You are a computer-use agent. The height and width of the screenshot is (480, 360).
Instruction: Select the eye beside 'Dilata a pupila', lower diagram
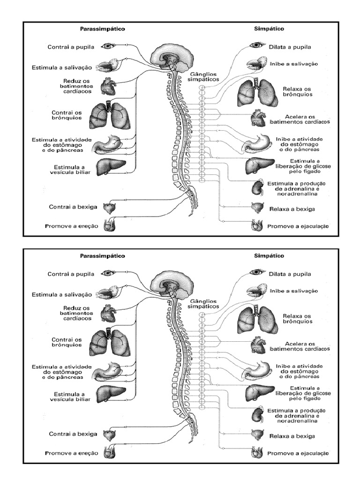(257, 272)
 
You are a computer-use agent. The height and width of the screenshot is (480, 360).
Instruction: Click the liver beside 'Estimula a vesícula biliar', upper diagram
(112, 167)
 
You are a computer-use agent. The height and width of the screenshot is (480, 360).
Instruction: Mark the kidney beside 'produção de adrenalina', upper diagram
(257, 187)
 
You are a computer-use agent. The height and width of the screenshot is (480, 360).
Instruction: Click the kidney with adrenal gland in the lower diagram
(257, 414)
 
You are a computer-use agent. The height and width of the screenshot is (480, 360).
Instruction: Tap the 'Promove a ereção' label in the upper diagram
(71, 226)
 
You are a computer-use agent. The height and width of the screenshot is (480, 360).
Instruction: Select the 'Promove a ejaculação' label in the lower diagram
(298, 454)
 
